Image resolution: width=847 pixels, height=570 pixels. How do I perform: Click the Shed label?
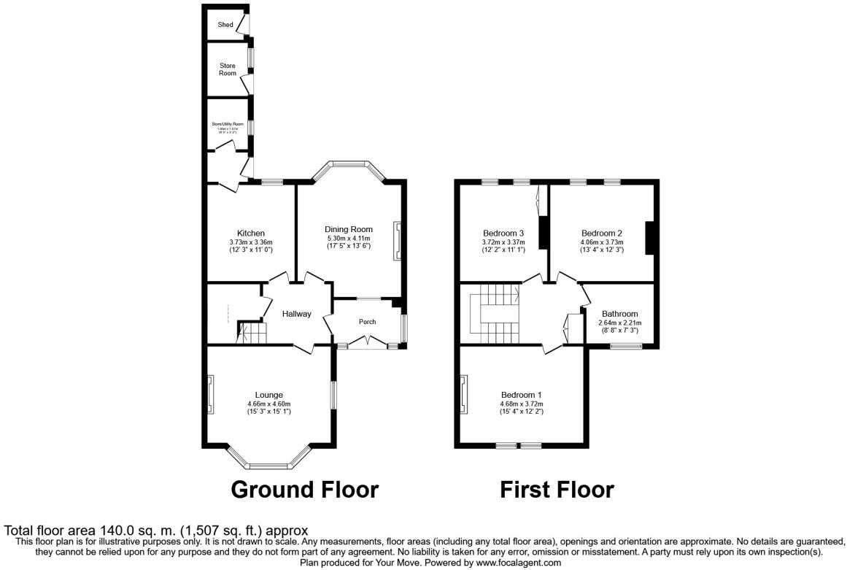[x=225, y=25]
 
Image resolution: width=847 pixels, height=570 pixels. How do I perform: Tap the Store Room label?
[x=228, y=69]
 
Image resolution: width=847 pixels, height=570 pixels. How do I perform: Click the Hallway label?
[x=297, y=314]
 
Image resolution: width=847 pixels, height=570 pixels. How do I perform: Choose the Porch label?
[x=367, y=322]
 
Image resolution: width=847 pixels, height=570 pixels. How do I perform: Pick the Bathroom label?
[x=618, y=314]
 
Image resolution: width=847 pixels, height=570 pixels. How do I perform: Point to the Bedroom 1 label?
[x=521, y=395]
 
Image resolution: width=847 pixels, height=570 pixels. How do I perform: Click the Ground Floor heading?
[x=304, y=489]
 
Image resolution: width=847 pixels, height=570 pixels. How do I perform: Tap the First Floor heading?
[x=557, y=489]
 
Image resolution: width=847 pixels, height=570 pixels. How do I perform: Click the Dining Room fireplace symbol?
[x=397, y=241]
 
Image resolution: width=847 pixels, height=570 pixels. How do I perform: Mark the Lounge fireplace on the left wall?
[x=210, y=395]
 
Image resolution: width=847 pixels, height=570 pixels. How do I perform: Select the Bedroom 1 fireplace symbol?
[x=463, y=395]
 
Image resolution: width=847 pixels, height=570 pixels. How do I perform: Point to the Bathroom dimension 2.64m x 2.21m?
[x=618, y=323]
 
